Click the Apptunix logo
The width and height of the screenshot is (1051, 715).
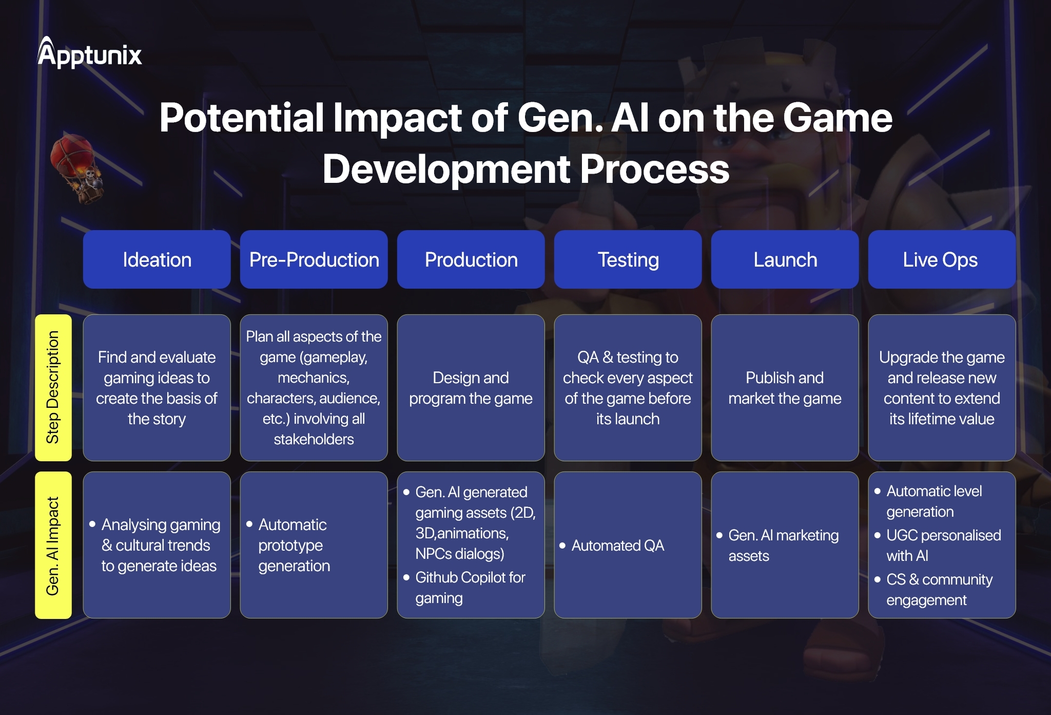pyautogui.click(x=90, y=54)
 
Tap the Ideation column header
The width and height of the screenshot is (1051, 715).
pyautogui.click(x=157, y=259)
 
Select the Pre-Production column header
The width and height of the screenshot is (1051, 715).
pyautogui.click(x=314, y=259)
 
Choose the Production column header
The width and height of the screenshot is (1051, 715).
pyautogui.click(x=471, y=259)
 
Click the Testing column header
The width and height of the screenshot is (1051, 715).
pyautogui.click(x=628, y=259)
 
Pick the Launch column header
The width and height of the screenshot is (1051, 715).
pyautogui.click(x=785, y=259)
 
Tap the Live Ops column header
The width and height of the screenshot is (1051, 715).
pyautogui.click(x=942, y=259)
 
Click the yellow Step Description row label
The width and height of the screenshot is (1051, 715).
pyautogui.click(x=53, y=388)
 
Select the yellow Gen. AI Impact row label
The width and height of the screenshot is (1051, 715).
pyautogui.click(x=53, y=545)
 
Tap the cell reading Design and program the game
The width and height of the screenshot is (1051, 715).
pyautogui.click(x=471, y=388)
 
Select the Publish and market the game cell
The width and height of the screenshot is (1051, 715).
pyautogui.click(x=785, y=388)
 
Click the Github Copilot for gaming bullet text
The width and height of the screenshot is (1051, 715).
pyautogui.click(x=470, y=588)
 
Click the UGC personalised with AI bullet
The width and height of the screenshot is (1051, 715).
pyautogui.click(x=943, y=545)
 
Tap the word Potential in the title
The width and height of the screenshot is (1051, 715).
pyautogui.click(x=241, y=118)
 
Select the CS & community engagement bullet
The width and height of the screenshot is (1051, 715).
pyautogui.click(x=939, y=590)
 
